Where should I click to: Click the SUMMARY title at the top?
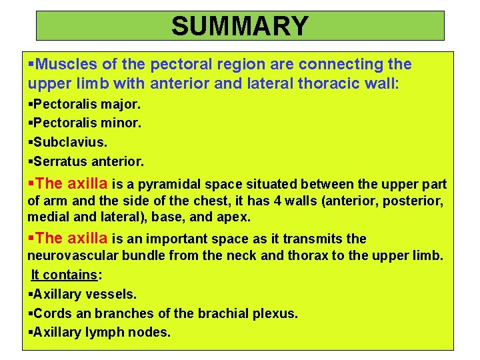(239, 26)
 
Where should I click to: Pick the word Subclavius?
(70, 142)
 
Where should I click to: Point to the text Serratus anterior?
(88, 161)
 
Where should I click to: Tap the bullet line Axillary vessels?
(84, 294)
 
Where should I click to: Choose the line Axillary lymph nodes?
(101, 331)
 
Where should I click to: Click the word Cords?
(49, 313)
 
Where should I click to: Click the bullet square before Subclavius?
(31, 143)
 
